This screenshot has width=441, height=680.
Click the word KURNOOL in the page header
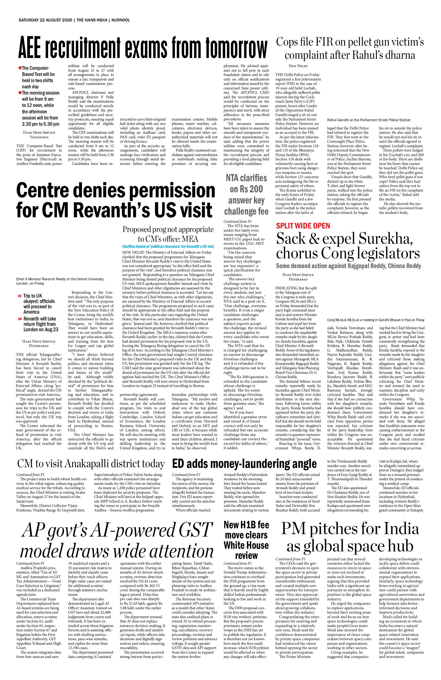[121, 20]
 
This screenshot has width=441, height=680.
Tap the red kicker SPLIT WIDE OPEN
[303, 226]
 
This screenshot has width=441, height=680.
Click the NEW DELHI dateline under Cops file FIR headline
[298, 66]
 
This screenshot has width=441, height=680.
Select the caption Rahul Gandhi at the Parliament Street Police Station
[369, 120]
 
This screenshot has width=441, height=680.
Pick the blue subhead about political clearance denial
[168, 246]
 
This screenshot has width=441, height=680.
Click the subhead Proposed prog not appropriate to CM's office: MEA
[168, 234]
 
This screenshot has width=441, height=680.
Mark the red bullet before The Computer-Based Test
[20, 68]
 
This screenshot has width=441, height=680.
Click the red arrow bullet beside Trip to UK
[20, 296]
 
